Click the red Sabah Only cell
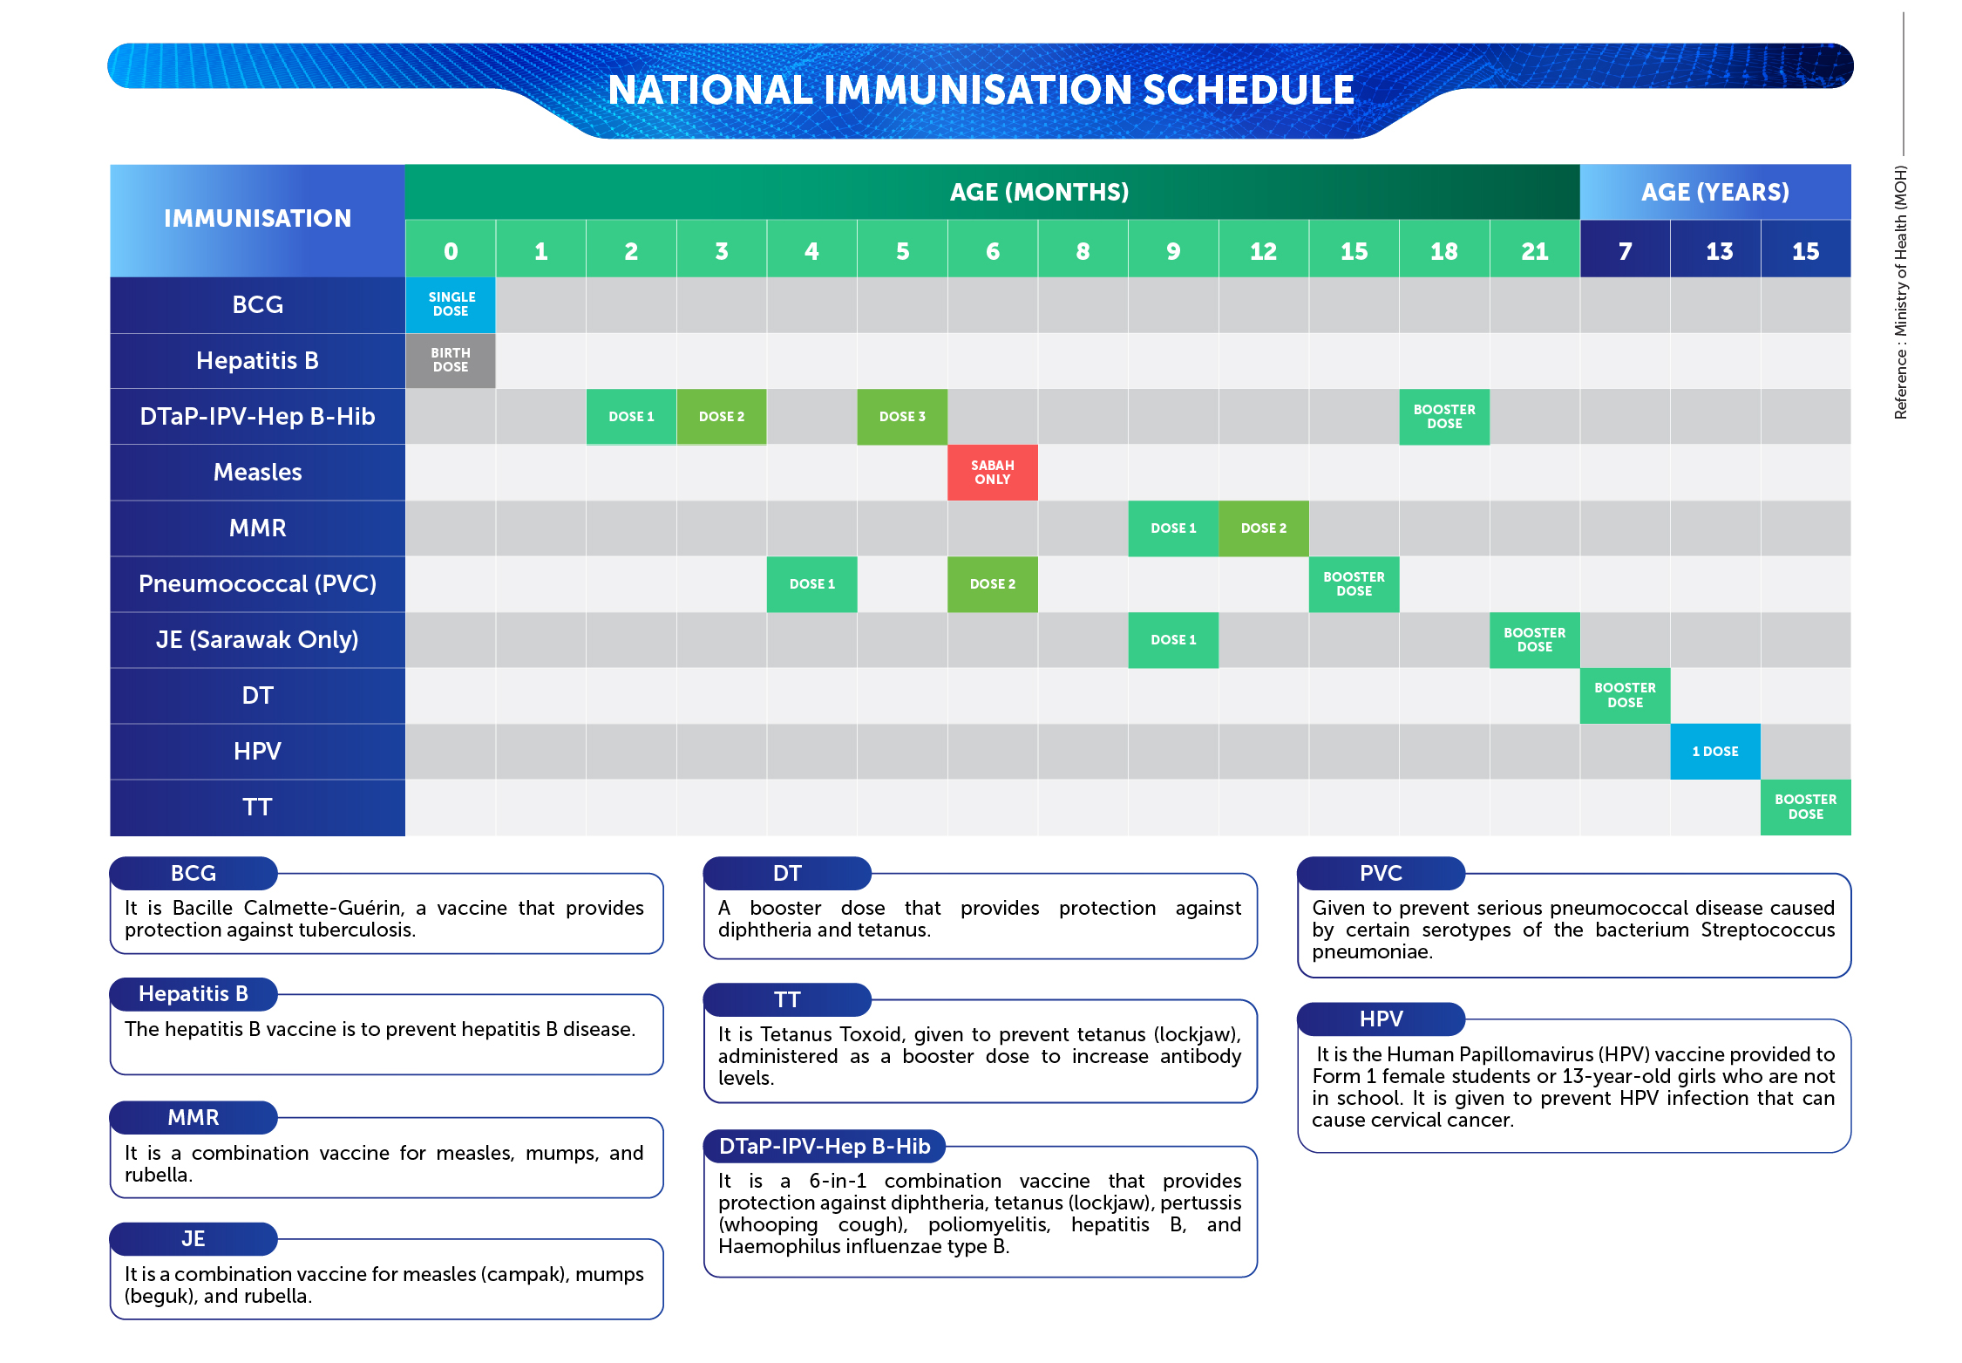(992, 473)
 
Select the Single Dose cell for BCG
(451, 304)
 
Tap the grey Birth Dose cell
(451, 360)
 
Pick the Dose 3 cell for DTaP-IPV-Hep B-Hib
(902, 417)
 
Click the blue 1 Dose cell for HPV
(1715, 752)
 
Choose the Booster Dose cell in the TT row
(1806, 808)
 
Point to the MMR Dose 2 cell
(1264, 528)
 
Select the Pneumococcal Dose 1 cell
(811, 584)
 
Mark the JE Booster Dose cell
(1535, 640)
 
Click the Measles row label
(257, 473)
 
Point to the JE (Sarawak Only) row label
(257, 640)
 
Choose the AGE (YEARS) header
(1715, 192)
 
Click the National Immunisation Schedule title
(981, 90)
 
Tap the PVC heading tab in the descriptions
(1381, 874)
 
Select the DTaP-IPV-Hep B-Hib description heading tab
(825, 1147)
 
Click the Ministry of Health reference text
(1901, 292)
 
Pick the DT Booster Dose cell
(1625, 696)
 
